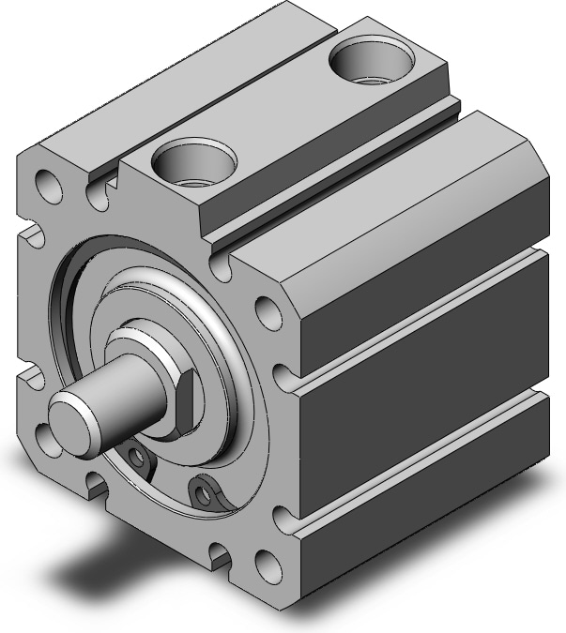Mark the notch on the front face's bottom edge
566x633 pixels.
(x=222, y=555)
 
